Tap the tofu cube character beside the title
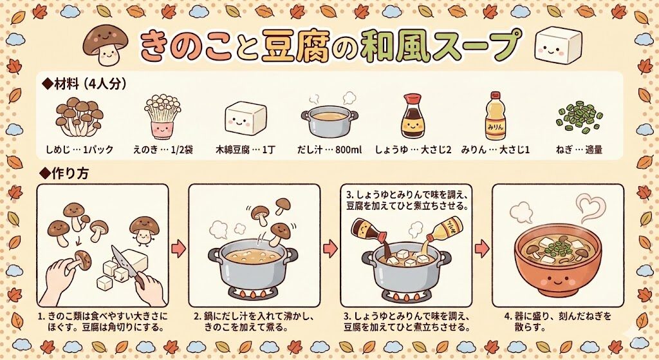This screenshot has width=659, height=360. [555, 45]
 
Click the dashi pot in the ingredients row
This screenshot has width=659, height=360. [329, 120]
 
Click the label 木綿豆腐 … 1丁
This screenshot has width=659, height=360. [246, 149]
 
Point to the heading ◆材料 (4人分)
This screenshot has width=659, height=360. [84, 84]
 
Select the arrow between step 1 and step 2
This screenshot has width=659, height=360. [179, 248]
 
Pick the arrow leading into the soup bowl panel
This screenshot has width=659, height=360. [482, 248]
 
